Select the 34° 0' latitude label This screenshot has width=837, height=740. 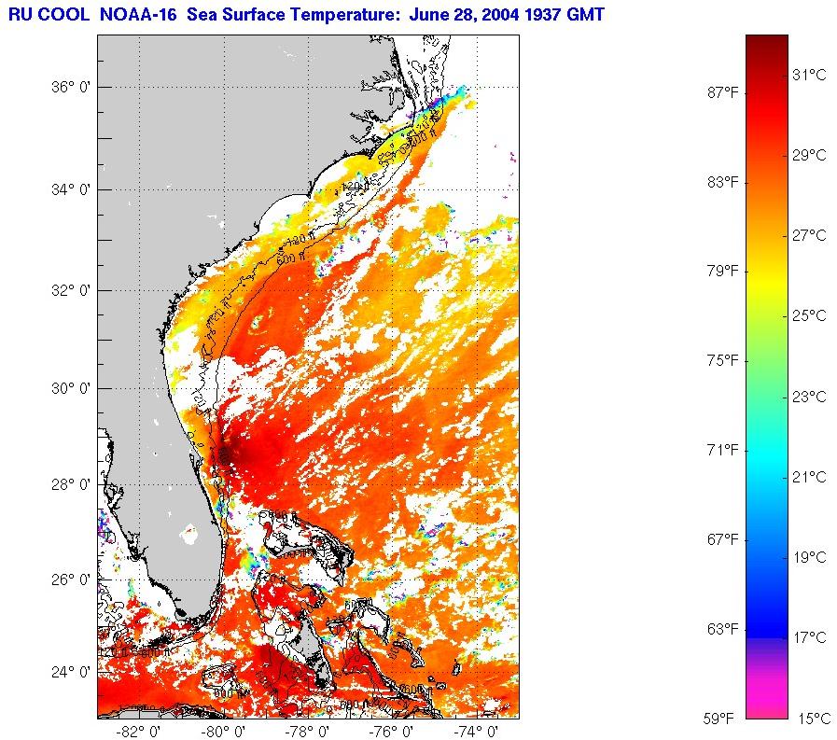pyautogui.click(x=70, y=189)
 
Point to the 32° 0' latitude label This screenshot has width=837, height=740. pyautogui.click(x=70, y=290)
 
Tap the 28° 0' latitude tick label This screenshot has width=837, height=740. pyautogui.click(x=70, y=484)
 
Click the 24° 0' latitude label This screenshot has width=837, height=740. pyautogui.click(x=70, y=672)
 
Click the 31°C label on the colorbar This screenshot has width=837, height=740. pyautogui.click(x=810, y=74)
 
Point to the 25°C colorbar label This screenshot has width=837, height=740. pyautogui.click(x=810, y=315)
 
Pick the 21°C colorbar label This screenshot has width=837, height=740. pyautogui.click(x=810, y=477)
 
